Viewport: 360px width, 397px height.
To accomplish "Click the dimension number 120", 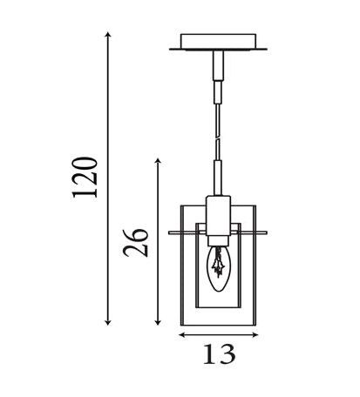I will click(x=86, y=178).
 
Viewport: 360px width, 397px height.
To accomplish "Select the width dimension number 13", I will click(x=217, y=354).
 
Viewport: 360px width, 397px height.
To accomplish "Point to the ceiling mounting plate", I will click(x=218, y=42).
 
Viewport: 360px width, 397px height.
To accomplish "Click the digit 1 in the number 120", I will click(x=86, y=198).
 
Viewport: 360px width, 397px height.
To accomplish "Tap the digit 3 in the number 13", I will click(x=227, y=354).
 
